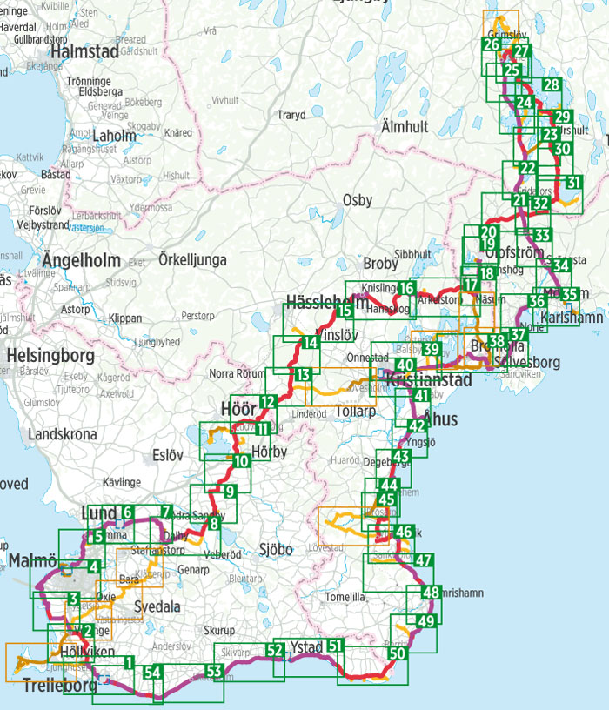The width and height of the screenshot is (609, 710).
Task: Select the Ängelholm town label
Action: [79, 259]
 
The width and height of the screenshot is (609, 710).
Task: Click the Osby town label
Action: [358, 200]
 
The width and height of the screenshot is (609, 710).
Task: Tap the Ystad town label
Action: [305, 646]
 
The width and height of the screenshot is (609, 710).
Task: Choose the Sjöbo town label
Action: [277, 549]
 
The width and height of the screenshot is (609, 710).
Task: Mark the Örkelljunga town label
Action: [193, 259]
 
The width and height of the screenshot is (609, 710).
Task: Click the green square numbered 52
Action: [276, 649]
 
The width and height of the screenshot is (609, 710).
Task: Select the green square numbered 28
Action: [551, 85]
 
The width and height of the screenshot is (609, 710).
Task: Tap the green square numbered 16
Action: [406, 289]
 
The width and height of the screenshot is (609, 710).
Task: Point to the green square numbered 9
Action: [230, 492]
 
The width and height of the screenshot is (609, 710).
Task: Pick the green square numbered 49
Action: [425, 621]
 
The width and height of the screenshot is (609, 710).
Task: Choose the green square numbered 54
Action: [153, 671]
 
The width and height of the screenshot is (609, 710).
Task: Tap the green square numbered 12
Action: [267, 402]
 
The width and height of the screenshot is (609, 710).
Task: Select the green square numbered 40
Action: [405, 365]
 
